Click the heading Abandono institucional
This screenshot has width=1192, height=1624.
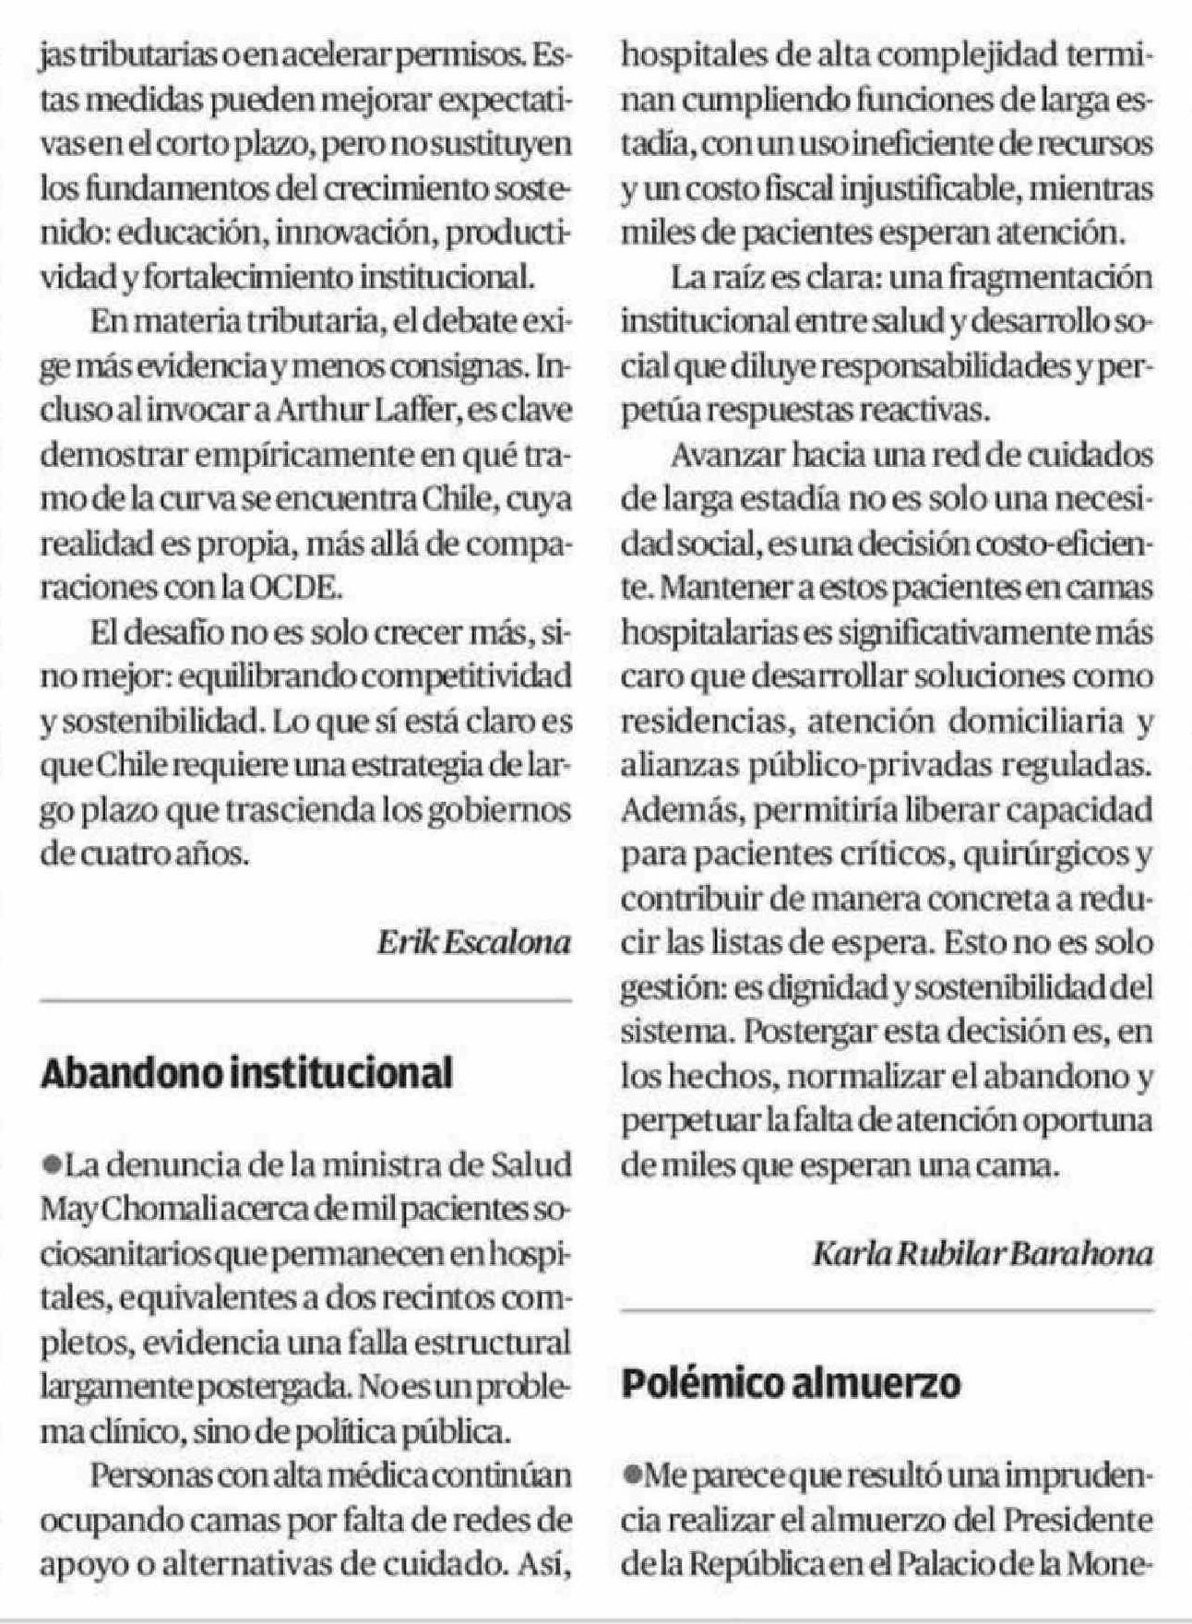point(246,1074)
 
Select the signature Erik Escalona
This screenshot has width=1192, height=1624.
point(474,942)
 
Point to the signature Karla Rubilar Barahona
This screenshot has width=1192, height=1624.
point(983,1254)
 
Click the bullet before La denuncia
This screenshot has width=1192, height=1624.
point(51,1164)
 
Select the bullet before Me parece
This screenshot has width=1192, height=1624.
point(631,1475)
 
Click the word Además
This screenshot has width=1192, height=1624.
point(667,811)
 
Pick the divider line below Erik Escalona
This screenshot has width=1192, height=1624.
point(305,1000)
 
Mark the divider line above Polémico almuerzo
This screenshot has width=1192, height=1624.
point(887,1310)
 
